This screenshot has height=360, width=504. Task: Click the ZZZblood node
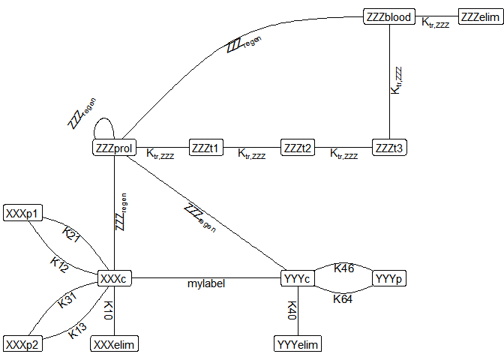point(388,16)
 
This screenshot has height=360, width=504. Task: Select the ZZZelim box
point(480,16)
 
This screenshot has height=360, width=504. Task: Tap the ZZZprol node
point(114,148)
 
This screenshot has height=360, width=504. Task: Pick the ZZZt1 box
point(205,148)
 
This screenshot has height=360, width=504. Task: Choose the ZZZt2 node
point(297,148)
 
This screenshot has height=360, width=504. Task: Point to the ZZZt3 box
point(388,148)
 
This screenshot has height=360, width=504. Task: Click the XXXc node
point(114,279)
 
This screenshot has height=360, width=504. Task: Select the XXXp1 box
point(22,214)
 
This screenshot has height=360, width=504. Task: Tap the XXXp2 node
point(22,344)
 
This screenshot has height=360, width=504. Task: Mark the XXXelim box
point(114,344)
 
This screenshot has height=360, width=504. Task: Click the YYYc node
point(297,279)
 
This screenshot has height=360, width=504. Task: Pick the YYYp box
point(388,279)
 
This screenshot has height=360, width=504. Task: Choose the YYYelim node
point(297,344)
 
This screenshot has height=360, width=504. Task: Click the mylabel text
point(205,284)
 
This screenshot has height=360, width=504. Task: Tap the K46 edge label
point(343,268)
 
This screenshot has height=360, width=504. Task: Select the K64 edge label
point(343,298)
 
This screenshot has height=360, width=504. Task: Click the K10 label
point(108,311)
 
